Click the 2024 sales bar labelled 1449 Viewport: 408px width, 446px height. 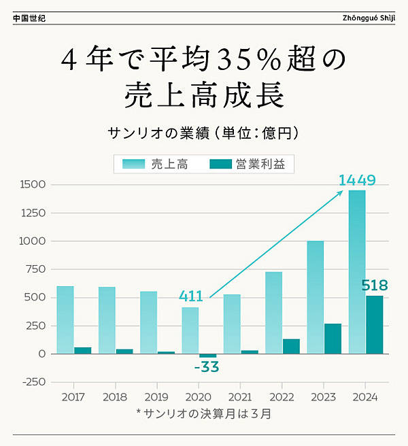357,272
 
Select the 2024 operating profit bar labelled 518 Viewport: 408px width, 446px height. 375,324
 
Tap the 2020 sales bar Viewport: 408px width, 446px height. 190,330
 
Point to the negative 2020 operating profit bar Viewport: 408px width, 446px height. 207,356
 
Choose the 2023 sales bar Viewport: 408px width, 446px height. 315,297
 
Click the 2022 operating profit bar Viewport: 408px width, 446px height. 291,346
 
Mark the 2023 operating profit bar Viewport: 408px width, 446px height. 333,339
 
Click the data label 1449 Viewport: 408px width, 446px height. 357,181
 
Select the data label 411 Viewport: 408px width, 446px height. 191,296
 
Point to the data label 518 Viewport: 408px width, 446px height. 375,284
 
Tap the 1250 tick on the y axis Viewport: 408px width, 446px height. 33,213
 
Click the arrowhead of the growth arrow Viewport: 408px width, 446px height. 341,192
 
